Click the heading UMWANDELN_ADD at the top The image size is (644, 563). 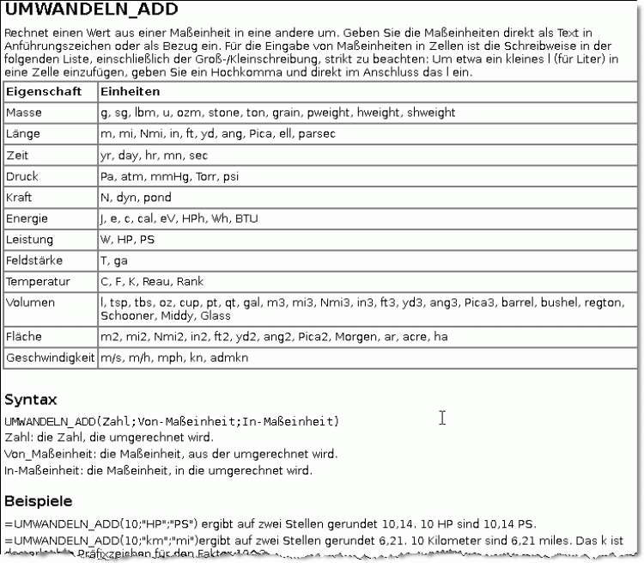coord(92,10)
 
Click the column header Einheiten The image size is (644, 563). coord(130,91)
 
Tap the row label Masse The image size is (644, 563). coord(23,113)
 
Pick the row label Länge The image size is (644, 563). coord(23,134)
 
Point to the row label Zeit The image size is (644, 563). coord(17,156)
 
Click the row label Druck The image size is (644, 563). coord(22,176)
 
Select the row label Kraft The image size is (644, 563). coord(19,198)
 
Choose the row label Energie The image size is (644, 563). coord(27,218)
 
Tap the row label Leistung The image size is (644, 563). coord(29,240)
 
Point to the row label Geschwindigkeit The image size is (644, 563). coord(50,357)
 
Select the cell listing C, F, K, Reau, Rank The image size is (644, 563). coord(140,282)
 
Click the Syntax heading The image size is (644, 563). coord(31,400)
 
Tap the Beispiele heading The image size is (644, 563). coord(39,500)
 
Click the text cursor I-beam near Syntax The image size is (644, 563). coord(442,418)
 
